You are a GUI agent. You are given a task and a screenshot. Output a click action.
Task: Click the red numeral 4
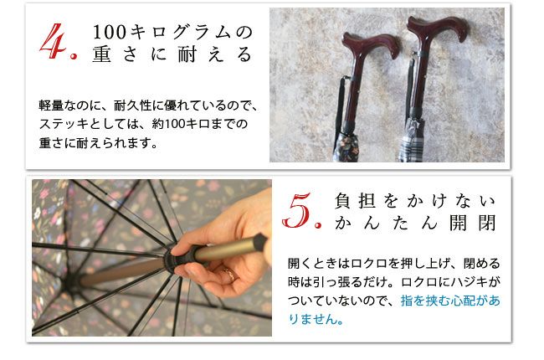[53, 41]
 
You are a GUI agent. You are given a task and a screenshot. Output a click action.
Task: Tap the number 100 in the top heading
[110, 33]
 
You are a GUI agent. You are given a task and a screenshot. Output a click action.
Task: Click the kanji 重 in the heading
[101, 54]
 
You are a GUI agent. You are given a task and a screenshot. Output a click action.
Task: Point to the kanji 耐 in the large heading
[187, 54]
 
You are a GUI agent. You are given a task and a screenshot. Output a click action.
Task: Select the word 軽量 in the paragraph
[51, 105]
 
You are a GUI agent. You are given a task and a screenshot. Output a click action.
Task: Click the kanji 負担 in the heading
[355, 201]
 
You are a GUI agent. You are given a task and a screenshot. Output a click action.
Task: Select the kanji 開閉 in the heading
[473, 223]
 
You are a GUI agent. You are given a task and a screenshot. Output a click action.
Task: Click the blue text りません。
[316, 319]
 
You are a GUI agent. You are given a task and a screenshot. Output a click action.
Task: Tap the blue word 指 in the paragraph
[407, 301]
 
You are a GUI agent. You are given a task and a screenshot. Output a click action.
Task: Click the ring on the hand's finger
[229, 275]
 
